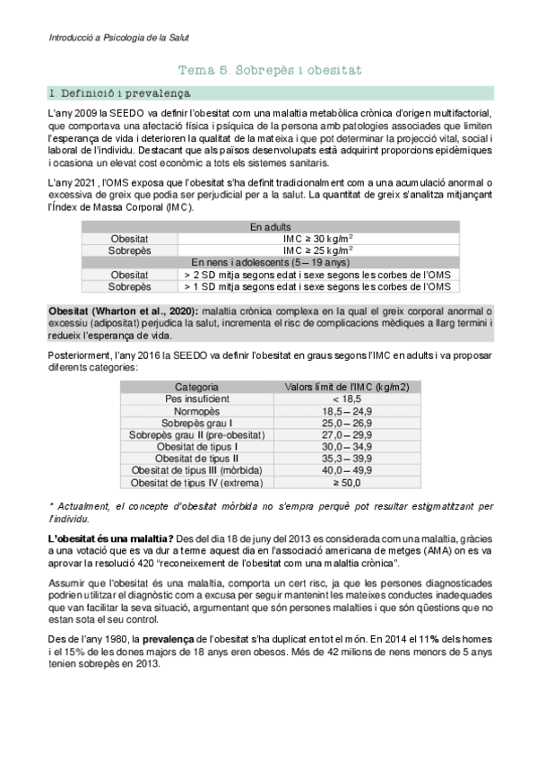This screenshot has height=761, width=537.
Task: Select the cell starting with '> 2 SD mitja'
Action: click(316, 275)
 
